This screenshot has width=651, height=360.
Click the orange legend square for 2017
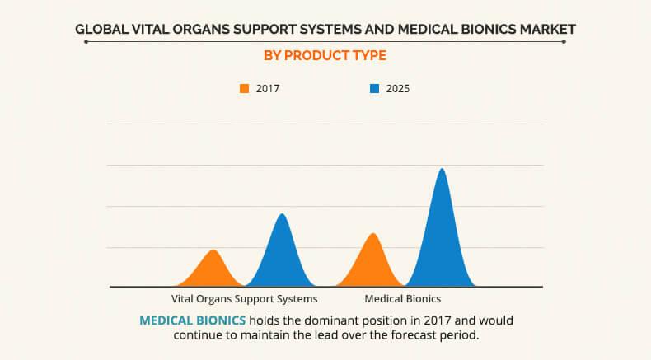coord(244,88)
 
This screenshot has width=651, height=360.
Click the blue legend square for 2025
coord(373,88)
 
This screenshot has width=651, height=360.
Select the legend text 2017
coord(268,88)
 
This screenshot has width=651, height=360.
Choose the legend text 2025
coord(397,88)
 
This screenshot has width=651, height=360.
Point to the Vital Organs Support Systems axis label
coord(244,298)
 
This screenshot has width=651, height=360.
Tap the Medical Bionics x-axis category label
coord(403,298)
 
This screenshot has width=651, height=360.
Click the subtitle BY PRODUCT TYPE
coord(325,56)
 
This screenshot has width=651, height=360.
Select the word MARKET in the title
coord(546,30)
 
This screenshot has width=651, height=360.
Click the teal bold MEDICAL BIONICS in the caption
coord(192,320)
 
